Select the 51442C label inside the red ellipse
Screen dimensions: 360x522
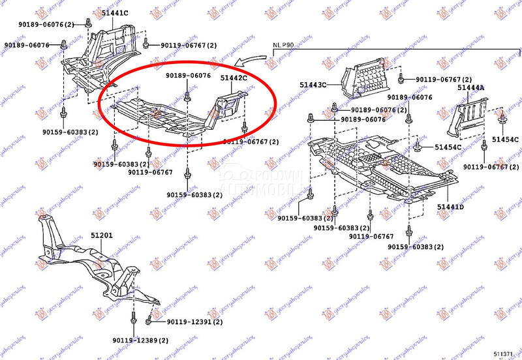click(233, 78)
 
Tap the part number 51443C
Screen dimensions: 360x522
click(313, 85)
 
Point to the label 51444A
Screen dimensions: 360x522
click(470, 88)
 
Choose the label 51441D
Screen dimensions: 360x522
click(451, 207)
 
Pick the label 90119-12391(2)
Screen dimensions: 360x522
click(194, 322)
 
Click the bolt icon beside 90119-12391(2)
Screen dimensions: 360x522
click(149, 320)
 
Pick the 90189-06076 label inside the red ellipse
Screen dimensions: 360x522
click(188, 76)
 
